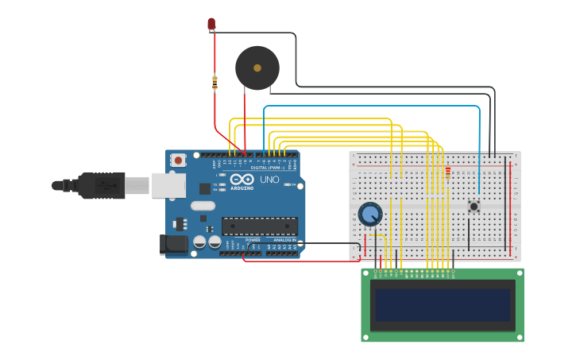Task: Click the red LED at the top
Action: tap(211, 24)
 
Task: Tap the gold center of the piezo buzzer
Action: tap(257, 68)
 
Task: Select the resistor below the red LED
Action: tap(215, 82)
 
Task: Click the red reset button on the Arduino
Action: tap(178, 160)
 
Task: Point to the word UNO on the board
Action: tap(269, 180)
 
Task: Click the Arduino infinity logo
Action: tap(242, 179)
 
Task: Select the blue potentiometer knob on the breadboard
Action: tap(369, 214)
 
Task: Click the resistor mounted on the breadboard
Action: tap(448, 172)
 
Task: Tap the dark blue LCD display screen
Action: tap(443, 304)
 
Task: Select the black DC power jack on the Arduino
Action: tap(173, 245)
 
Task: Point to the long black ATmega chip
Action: tap(260, 226)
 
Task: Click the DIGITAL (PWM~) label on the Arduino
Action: tap(266, 168)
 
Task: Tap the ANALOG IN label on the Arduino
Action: tap(284, 239)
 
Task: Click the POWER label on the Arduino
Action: tap(253, 239)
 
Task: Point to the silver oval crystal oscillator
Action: tap(203, 206)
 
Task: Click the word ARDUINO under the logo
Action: tap(242, 188)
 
